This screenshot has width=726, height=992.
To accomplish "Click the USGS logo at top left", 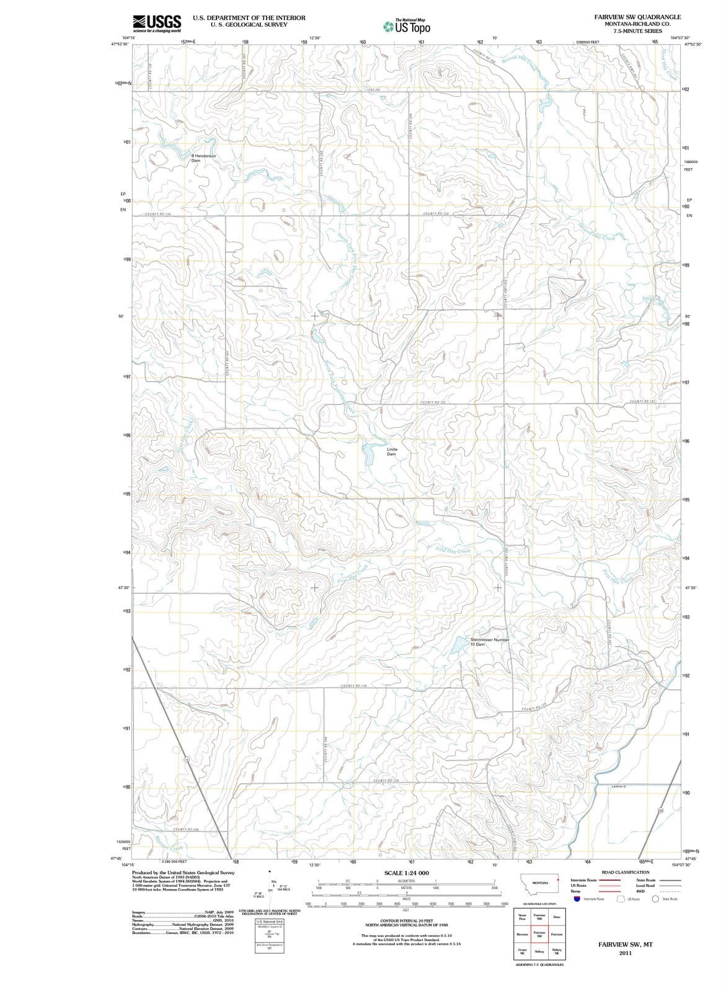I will point(157,24).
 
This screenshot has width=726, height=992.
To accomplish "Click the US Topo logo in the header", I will point(407,27).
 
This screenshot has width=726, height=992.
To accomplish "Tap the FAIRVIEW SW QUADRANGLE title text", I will point(637,17).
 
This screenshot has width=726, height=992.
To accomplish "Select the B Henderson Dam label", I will point(203,158).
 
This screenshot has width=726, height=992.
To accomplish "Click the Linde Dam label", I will point(392,451).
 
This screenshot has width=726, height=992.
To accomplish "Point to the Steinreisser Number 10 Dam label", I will point(489,642).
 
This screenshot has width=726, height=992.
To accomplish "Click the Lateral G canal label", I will point(618,787).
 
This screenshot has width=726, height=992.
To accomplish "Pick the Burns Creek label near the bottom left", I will point(168,844).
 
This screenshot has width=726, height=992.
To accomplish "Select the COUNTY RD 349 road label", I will point(185,829).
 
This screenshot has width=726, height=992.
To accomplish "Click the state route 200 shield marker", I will point(661,810).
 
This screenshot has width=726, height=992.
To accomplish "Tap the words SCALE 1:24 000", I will point(406,873).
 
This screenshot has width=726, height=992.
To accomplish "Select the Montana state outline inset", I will point(539,883).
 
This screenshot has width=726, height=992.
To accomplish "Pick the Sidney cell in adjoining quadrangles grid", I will point(539,951).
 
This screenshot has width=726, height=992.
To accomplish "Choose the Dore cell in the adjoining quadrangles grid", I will point(556,917).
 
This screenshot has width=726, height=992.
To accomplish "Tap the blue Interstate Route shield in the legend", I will point(576,898).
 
